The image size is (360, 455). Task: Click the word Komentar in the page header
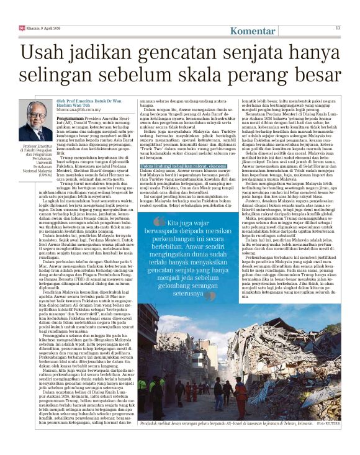(254, 31)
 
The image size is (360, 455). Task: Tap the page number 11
(338, 27)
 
